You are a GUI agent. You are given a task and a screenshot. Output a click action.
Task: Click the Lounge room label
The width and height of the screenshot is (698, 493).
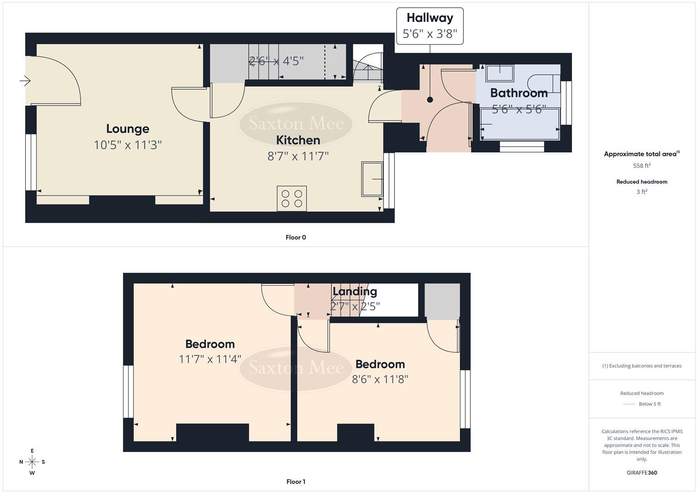(128, 129)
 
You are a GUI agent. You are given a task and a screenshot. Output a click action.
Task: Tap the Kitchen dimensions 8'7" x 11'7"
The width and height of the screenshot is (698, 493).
(298, 157)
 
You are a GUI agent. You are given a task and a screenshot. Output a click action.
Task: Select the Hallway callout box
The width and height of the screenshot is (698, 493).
(430, 26)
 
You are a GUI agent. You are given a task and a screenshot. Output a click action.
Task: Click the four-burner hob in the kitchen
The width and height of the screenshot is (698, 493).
(292, 199)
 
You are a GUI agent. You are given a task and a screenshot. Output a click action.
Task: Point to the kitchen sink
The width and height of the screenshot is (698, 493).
(372, 179)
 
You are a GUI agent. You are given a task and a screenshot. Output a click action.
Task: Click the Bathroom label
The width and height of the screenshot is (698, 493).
(519, 93)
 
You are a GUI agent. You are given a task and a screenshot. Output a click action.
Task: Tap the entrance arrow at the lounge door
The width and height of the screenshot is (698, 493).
(25, 81)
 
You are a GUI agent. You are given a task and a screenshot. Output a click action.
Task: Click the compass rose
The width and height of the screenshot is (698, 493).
(32, 462)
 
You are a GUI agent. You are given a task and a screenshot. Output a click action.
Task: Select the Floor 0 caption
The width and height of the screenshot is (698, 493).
(296, 237)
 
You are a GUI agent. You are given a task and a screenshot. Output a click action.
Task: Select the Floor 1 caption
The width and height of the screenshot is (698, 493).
(296, 482)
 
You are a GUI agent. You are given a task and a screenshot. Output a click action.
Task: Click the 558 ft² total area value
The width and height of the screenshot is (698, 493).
(642, 166)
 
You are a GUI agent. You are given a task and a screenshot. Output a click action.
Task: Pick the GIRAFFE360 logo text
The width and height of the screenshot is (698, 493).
(642, 472)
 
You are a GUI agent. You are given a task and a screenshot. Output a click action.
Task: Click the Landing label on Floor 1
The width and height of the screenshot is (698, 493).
(355, 291)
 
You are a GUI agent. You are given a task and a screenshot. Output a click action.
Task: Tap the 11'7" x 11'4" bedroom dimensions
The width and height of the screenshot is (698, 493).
(210, 359)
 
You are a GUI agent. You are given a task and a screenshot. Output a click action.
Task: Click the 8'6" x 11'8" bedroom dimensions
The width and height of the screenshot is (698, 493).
(380, 379)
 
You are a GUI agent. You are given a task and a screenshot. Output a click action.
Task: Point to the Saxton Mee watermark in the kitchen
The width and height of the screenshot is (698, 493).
(296, 123)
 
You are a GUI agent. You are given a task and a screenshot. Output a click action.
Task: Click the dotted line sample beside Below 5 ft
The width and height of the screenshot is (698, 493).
(629, 404)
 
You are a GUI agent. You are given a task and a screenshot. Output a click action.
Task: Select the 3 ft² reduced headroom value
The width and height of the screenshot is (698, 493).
(642, 192)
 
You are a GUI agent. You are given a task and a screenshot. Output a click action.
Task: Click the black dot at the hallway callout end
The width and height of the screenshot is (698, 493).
(430, 100)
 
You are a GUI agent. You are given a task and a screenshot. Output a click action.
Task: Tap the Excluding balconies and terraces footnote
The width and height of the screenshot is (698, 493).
(642, 366)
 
